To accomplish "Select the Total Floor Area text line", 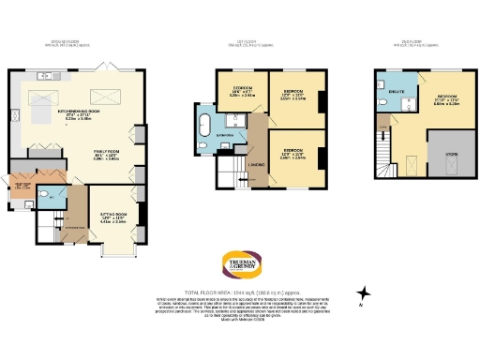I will coord(239,292).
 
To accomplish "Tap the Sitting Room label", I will coord(112,218).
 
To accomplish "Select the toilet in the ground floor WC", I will coord(47,197).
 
